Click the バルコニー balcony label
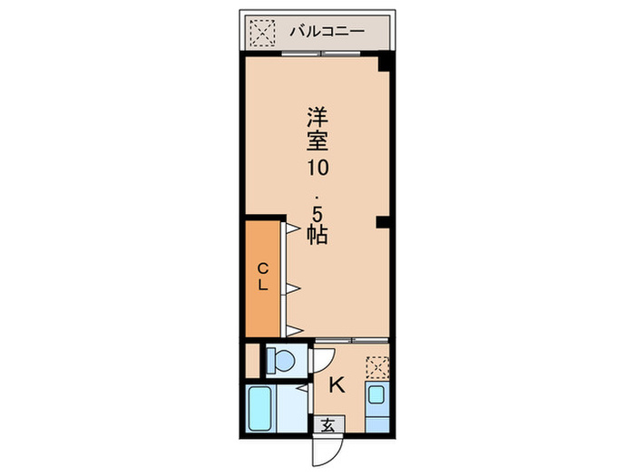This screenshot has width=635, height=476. [x=327, y=32]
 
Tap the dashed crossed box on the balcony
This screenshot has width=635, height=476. [x=261, y=32]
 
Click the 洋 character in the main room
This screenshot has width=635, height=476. [x=316, y=117]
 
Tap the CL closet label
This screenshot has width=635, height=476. [x=262, y=276]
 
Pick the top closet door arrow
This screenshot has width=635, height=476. [x=293, y=231]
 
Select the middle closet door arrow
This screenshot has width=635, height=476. [x=293, y=289]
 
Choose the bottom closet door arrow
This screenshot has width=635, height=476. [x=293, y=328]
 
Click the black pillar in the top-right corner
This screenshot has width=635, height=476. [x=385, y=63]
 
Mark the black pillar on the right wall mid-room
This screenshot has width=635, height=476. [x=385, y=221]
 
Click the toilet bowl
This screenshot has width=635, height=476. [x=282, y=361]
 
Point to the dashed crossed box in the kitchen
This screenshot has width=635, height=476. [x=377, y=367]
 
